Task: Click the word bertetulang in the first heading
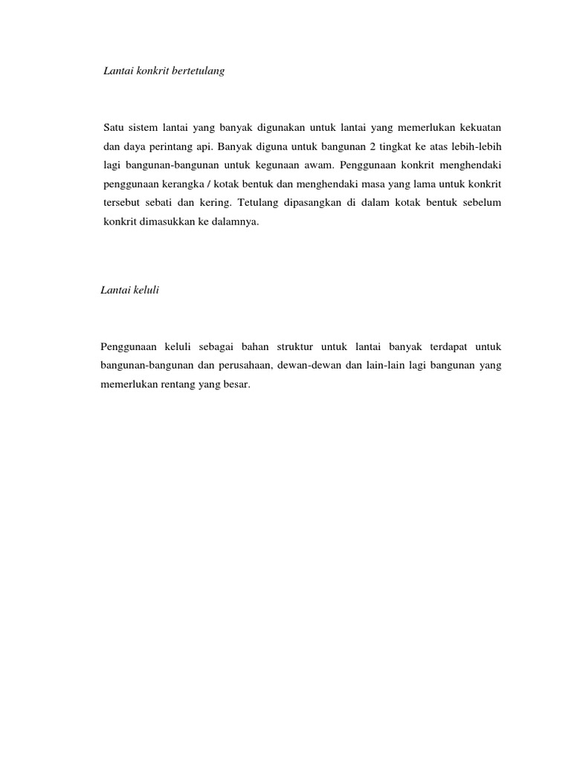(x=197, y=72)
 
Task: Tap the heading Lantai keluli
(x=130, y=291)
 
